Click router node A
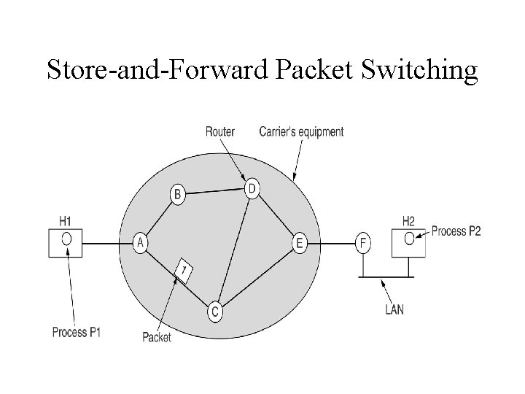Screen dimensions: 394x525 click(141, 242)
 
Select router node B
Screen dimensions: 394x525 click(178, 194)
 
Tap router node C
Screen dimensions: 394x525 click(215, 312)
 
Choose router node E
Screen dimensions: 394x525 click(299, 242)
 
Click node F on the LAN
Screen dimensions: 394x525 click(363, 242)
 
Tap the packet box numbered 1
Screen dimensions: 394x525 click(185, 271)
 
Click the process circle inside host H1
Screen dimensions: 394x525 click(66, 239)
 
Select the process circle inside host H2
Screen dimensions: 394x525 click(410, 238)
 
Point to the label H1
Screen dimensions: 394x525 click(65, 220)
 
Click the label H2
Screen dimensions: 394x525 click(408, 220)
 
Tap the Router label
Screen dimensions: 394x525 click(219, 132)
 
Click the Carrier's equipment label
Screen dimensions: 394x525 click(301, 132)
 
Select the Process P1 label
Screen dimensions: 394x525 click(77, 333)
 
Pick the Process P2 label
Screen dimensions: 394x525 click(456, 231)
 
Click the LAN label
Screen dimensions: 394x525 click(394, 309)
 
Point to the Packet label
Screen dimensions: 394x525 click(156, 338)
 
